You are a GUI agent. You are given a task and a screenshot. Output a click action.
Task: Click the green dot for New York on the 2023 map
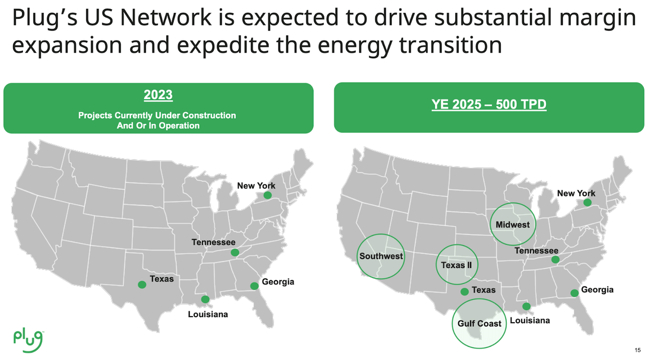coord(267,195)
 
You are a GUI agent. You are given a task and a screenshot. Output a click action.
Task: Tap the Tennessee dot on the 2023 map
coord(235,252)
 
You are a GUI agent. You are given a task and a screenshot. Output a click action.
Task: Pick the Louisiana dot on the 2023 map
coord(205,299)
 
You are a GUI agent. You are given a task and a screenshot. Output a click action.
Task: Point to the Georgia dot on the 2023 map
coord(254,286)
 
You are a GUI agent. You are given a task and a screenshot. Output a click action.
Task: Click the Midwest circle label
coord(512,225)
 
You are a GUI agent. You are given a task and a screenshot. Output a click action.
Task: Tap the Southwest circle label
coord(381,256)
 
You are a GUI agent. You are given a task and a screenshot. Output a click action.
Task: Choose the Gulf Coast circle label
coord(479,324)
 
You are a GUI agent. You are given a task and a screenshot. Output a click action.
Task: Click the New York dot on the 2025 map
coord(588,203)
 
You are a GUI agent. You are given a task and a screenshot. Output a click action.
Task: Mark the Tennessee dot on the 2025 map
coord(555,260)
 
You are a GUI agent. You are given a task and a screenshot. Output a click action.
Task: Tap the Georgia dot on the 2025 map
coord(574,293)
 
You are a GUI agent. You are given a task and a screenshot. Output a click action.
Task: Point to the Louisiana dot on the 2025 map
coord(526,306)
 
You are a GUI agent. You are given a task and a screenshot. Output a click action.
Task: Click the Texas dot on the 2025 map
coord(464,292)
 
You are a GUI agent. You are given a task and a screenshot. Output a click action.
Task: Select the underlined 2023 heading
coord(158,95)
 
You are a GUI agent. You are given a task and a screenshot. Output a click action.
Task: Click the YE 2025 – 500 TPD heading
coord(488,105)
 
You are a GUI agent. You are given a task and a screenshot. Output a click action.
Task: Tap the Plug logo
coord(29,337)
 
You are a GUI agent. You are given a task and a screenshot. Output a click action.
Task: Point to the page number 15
coord(637,350)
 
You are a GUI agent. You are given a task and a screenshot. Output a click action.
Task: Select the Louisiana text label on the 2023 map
coord(208,314)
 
